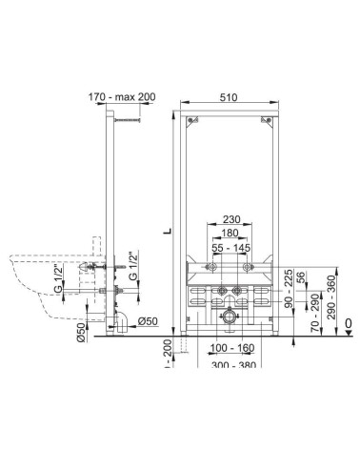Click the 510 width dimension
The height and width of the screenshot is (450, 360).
point(229,97)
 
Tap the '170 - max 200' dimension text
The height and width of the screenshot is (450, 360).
point(122,96)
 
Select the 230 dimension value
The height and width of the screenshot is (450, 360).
point(231,219)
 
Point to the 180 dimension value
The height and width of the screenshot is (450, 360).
point(230,233)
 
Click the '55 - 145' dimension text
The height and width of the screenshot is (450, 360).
point(231,247)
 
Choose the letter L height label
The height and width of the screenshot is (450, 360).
point(168,231)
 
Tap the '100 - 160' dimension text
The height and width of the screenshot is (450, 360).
point(232,348)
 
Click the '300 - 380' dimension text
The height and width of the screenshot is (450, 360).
point(233,364)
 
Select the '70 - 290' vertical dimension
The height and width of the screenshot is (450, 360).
point(314,313)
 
